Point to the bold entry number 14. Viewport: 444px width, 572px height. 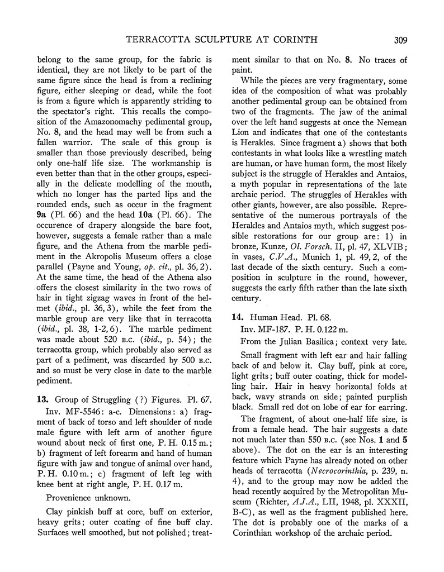(x=237, y=317)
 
